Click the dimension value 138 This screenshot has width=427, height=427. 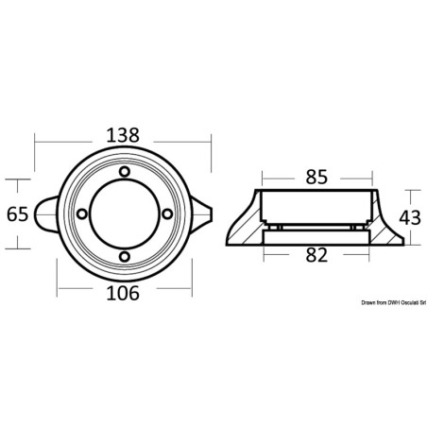coord(123,135)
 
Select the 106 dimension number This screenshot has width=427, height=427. coord(123,293)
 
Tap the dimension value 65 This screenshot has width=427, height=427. coord(18,214)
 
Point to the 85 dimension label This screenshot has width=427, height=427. coord(316,177)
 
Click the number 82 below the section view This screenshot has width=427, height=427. coord(316,255)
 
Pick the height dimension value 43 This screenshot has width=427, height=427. coord(410,218)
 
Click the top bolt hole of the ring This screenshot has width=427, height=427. coord(125,172)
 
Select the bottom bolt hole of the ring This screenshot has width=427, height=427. coord(125,256)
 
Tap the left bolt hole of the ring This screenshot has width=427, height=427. coord(82,214)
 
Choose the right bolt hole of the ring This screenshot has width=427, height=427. coord(167,214)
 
